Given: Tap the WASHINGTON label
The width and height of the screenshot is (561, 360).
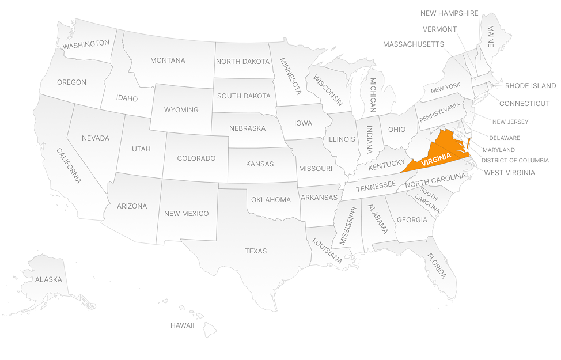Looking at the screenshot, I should tap(86, 44).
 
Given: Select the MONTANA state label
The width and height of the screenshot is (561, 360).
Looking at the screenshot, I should tap(168, 60).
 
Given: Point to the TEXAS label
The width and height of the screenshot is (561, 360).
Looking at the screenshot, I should tap(256, 251).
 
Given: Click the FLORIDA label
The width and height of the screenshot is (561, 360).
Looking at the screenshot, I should tap(437, 266).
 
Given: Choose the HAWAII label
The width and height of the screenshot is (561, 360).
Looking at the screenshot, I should tap(182, 325).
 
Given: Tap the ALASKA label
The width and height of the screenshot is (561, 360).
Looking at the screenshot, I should tap(48, 279).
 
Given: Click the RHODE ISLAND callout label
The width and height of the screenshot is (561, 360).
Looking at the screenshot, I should tap(530, 86).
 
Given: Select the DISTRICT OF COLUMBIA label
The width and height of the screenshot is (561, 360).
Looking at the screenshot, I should tap(515, 160).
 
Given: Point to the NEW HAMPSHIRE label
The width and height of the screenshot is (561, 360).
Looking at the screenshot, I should tap(449, 13).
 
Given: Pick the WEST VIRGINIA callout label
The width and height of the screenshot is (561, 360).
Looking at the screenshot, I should tap(509, 173).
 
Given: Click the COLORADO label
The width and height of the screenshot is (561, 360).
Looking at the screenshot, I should tap(196, 158).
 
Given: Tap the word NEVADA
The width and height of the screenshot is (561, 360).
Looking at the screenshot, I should tap(96, 138).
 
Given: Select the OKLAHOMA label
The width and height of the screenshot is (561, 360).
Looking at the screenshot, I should tap(271, 200).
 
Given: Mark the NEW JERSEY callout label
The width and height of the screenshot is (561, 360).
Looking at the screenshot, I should tap(510, 122).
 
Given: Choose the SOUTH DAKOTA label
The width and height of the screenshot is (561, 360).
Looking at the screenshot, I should tap(244, 96).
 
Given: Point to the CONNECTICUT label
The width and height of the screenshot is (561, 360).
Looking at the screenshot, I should tap(524, 104).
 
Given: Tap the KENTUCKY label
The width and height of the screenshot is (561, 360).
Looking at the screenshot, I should tap(387, 166).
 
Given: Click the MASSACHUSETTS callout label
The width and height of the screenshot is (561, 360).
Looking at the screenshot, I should tap(414, 44).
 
